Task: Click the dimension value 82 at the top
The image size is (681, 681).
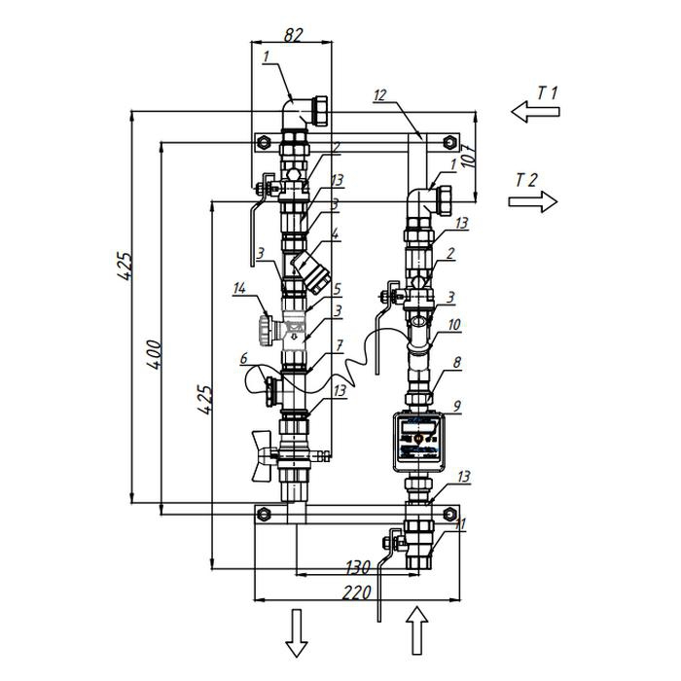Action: (x=293, y=34)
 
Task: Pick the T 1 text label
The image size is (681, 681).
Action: (x=548, y=93)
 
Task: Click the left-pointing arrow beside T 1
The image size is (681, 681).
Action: (x=535, y=114)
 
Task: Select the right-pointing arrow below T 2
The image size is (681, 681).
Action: (x=533, y=201)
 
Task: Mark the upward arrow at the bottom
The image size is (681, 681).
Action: (x=415, y=632)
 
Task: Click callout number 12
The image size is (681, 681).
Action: (x=380, y=94)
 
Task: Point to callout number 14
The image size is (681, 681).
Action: (x=239, y=287)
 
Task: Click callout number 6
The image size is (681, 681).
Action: (x=242, y=359)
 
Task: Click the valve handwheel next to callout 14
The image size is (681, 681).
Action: (x=267, y=325)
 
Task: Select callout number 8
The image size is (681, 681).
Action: (x=457, y=360)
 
